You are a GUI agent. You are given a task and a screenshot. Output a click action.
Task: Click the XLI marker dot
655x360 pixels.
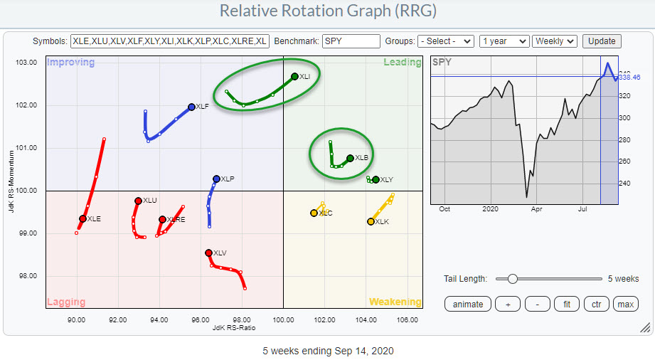pos(294,76)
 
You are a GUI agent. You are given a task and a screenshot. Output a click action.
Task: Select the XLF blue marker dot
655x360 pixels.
pos(191,107)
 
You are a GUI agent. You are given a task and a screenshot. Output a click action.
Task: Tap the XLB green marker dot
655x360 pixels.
pos(350,158)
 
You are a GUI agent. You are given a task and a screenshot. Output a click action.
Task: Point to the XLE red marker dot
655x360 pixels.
pos(82,218)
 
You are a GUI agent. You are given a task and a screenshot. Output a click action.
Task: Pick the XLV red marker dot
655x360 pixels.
pos(208,253)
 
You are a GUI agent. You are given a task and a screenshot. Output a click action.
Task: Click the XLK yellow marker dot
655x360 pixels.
pos(371,221)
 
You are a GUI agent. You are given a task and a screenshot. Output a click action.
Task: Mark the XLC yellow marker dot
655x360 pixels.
pos(314,213)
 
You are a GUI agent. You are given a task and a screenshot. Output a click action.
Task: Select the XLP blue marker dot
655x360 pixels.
pos(216,179)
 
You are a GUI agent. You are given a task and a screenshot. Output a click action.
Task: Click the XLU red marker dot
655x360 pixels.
pos(138,201)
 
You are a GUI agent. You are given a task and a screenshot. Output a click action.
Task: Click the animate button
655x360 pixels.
pos(468,304)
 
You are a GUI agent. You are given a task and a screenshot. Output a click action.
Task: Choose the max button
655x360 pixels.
pos(625,304)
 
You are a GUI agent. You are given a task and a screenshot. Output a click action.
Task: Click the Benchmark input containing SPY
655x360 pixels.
pos(351,41)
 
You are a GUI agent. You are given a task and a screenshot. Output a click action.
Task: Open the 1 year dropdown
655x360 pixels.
pos(504,41)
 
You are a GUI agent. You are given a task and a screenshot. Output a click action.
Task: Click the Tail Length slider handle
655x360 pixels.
pos(512,279)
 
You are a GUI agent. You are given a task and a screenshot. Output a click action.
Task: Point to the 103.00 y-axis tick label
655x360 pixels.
pos(27,63)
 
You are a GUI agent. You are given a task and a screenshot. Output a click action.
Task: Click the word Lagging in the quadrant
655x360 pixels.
pos(66,302)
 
